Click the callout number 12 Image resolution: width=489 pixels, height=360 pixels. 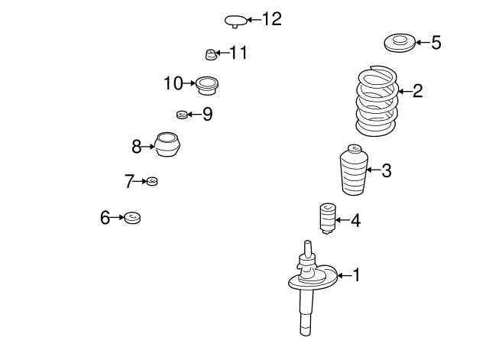(272, 19)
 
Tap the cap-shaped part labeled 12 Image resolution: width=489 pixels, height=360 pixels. (236, 21)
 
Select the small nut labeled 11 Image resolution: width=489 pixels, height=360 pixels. (211, 54)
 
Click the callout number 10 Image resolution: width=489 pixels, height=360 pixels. (173, 83)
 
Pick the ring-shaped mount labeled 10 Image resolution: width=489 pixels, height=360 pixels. (207, 85)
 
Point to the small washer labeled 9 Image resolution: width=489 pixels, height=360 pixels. (182, 115)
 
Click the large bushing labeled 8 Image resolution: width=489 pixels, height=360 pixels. (167, 144)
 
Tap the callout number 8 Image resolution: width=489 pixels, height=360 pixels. (136, 147)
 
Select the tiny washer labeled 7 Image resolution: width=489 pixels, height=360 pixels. (152, 181)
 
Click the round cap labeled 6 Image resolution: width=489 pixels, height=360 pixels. (132, 217)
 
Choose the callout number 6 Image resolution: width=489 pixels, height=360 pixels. (105, 217)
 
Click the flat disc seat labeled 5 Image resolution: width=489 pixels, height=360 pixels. (400, 43)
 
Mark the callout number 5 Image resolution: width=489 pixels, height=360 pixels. (436, 43)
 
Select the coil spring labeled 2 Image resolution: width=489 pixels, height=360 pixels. (377, 101)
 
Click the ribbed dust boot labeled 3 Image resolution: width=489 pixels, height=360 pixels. (354, 170)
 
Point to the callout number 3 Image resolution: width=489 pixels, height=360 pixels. (387, 170)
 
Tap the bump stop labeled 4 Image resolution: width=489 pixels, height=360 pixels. (327, 219)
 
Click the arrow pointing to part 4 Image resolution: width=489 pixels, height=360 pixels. (342, 220)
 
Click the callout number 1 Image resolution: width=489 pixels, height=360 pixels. (356, 275)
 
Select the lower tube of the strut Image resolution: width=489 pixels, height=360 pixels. (306, 313)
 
